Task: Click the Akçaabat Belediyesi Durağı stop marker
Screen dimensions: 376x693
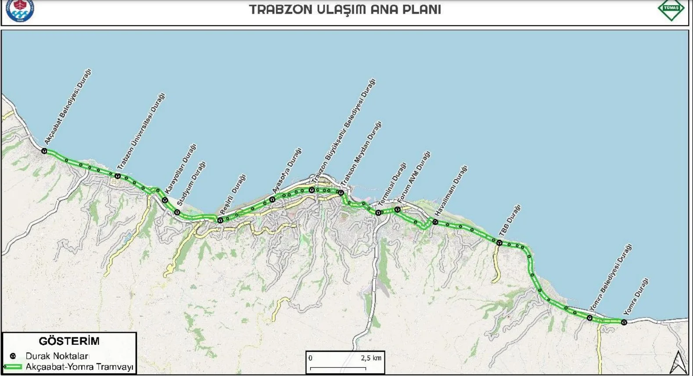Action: [x=44, y=151]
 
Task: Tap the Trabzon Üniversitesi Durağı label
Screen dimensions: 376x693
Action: [x=141, y=131]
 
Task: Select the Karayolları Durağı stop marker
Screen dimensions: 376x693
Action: [x=165, y=200]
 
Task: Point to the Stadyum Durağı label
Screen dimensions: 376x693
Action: [x=191, y=184]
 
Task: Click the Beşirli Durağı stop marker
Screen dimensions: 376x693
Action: [x=220, y=220]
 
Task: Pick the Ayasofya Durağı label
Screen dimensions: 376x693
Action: [x=287, y=170]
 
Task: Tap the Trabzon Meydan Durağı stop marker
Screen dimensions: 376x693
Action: [x=341, y=192]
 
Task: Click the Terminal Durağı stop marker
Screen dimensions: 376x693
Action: [x=378, y=213]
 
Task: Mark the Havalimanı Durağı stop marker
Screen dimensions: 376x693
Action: [x=435, y=222]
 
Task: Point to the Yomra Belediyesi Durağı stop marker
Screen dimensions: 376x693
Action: [x=590, y=317]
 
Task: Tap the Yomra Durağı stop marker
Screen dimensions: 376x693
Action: [x=624, y=322]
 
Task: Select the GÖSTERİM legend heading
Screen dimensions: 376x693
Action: [x=69, y=341]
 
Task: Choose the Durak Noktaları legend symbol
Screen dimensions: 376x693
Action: [x=13, y=356]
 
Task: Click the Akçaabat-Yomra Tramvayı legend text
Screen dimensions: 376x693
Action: [x=79, y=367]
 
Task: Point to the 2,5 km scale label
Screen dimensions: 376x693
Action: [x=371, y=358]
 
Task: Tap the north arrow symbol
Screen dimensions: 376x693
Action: [x=679, y=362]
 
